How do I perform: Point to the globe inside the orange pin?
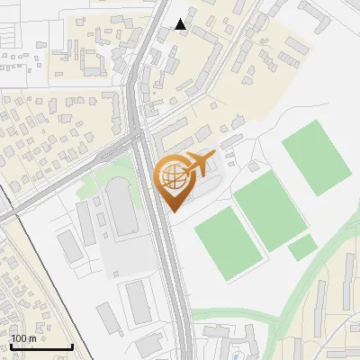click(x=175, y=180)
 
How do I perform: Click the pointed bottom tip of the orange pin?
click(x=174, y=211)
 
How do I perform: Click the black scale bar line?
click(x=41, y=346)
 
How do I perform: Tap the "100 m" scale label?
click(x=23, y=338)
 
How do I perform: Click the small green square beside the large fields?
click(x=302, y=247)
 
